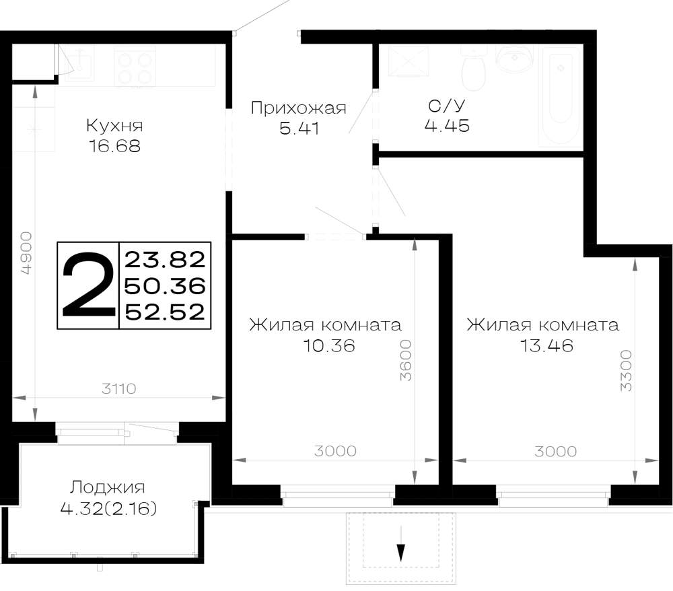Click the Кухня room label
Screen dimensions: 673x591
(x=114, y=126)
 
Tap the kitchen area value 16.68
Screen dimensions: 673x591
(x=114, y=146)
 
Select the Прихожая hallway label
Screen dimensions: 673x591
(x=298, y=108)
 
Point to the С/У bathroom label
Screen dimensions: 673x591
(x=446, y=106)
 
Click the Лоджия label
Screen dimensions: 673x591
(x=108, y=487)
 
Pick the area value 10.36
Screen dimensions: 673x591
(x=329, y=345)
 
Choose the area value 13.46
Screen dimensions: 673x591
(x=546, y=345)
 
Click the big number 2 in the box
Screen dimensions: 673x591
(x=88, y=285)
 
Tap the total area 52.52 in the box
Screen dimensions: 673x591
(x=165, y=312)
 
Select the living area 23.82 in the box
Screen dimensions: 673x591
(x=165, y=260)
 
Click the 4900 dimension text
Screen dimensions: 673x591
(x=26, y=253)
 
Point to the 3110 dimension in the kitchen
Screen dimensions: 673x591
(x=119, y=389)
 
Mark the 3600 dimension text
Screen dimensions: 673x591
(x=406, y=361)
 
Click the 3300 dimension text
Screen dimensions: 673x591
(x=626, y=370)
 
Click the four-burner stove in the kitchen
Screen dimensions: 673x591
(x=135, y=68)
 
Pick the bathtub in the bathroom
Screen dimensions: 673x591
(x=562, y=96)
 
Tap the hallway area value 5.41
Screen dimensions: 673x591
(x=299, y=129)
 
